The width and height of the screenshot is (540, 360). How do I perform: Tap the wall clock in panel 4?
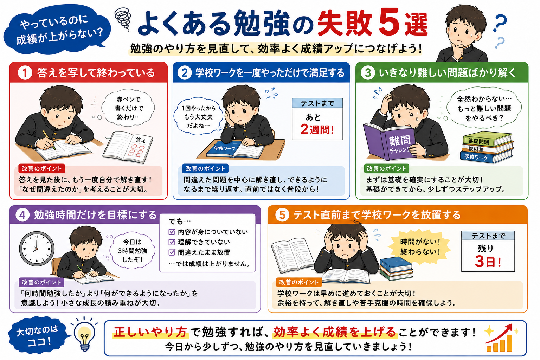tap(37, 249)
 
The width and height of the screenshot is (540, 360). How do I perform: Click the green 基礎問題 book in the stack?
tap(487, 139)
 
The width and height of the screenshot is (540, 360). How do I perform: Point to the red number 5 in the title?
tap(390, 22)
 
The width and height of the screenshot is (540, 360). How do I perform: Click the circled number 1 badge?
tap(25, 73)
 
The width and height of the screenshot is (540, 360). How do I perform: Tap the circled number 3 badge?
tap(368, 73)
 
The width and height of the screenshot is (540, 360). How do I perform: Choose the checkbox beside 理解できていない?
tap(172, 242)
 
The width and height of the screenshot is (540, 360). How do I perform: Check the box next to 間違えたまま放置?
tap(172, 252)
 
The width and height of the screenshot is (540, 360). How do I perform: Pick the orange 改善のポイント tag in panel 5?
tap(299, 282)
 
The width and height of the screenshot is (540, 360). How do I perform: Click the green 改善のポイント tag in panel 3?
tap(386, 168)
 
